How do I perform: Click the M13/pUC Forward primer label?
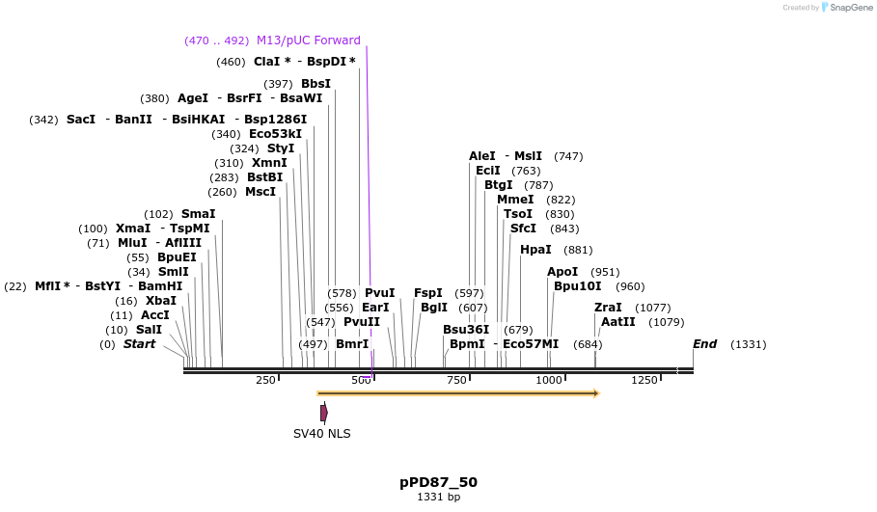tap(308, 40)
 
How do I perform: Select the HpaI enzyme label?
tap(535, 250)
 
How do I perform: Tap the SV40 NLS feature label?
tap(322, 434)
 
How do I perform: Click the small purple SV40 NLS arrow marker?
tap(324, 413)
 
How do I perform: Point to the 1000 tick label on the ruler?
tap(548, 381)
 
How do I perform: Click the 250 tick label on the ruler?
tap(265, 381)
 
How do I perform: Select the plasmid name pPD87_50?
tap(438, 482)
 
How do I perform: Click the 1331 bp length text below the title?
tap(438, 498)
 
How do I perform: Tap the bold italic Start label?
tap(139, 344)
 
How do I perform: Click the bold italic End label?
tap(704, 344)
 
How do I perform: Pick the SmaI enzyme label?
tap(198, 214)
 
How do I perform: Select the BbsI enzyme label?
tap(315, 84)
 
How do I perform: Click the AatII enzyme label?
tap(618, 322)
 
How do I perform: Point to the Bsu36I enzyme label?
tap(466, 330)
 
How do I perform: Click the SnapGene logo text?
tap(849, 8)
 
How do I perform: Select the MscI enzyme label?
tap(260, 192)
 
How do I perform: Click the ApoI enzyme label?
tap(562, 272)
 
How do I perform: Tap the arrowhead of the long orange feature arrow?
tap(596, 393)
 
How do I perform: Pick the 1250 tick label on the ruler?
tap(644, 381)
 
